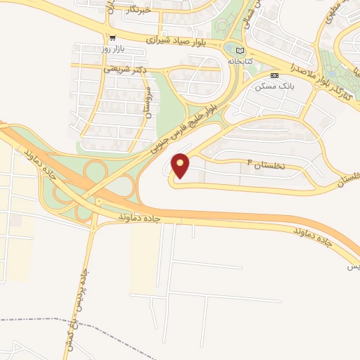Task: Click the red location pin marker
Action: coord(181,166)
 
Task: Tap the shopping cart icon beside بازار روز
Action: coord(112,37)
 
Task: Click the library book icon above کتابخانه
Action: coord(241,51)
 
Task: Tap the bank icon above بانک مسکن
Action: coord(274,75)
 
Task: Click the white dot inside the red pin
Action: coord(181,162)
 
